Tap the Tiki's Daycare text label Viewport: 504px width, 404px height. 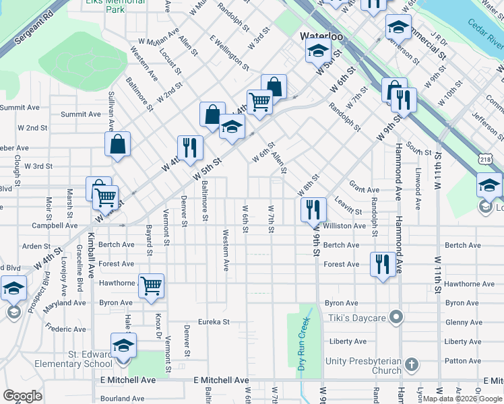(356, 317)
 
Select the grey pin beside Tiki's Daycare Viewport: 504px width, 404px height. (398, 316)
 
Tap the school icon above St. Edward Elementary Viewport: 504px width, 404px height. (123, 346)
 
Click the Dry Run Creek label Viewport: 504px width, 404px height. (303, 343)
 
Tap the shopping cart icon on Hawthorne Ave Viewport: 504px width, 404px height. (152, 285)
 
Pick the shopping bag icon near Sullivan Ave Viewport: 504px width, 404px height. (117, 144)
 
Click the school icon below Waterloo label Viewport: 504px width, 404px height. (317, 51)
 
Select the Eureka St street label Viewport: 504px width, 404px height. (214, 322)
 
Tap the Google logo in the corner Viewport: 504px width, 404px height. (22, 395)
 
